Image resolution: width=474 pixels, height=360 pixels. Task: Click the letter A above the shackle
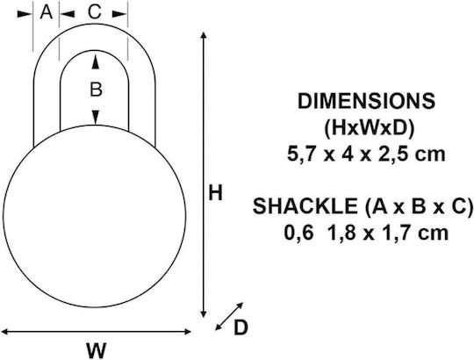[47, 12]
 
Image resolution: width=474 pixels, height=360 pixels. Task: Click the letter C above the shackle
[94, 12]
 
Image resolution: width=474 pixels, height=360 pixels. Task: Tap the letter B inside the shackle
[96, 90]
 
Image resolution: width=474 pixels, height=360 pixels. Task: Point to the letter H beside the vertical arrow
[216, 193]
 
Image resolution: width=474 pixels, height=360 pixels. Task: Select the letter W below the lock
[97, 350]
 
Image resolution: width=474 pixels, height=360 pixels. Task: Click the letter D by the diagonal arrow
[241, 328]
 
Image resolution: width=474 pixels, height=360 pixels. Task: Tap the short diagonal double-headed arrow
[229, 316]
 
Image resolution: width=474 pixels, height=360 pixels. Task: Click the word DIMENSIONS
[366, 101]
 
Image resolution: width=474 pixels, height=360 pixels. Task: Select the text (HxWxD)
[369, 128]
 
